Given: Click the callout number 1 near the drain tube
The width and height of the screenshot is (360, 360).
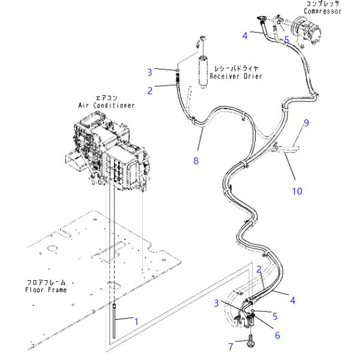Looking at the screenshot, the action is pyautogui.click(x=136, y=322).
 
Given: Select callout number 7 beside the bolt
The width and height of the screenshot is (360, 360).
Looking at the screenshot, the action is pyautogui.click(x=231, y=347).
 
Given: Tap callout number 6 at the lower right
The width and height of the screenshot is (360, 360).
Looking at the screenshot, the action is pyautogui.click(x=277, y=335).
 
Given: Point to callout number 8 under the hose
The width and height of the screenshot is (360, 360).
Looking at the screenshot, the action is pyautogui.click(x=196, y=160).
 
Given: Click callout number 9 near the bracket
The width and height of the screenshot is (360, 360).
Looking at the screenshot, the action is pyautogui.click(x=306, y=123).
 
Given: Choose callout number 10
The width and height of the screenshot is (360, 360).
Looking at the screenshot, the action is pyautogui.click(x=297, y=191).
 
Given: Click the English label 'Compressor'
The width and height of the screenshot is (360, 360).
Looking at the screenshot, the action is pyautogui.click(x=323, y=11).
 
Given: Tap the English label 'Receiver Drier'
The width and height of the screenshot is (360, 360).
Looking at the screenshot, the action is pyautogui.click(x=236, y=76).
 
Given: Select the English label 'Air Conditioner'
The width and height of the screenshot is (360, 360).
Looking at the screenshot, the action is pyautogui.click(x=106, y=106).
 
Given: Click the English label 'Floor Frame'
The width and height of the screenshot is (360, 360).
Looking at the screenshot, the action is pyautogui.click(x=46, y=290).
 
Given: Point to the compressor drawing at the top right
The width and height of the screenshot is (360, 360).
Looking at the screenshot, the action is pyautogui.click(x=307, y=30).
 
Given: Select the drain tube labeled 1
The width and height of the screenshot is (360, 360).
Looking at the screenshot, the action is pyautogui.click(x=114, y=321).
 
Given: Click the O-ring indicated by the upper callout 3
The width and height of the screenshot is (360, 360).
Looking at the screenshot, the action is pyautogui.click(x=178, y=70).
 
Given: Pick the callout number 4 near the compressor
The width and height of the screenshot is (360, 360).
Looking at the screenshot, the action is pyautogui.click(x=245, y=35).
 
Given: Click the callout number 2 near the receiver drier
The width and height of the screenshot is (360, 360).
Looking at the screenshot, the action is pyautogui.click(x=149, y=91).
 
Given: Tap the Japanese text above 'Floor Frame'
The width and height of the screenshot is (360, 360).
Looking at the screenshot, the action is pyautogui.click(x=46, y=283).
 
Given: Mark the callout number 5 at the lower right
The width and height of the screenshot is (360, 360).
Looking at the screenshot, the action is pyautogui.click(x=275, y=316).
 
